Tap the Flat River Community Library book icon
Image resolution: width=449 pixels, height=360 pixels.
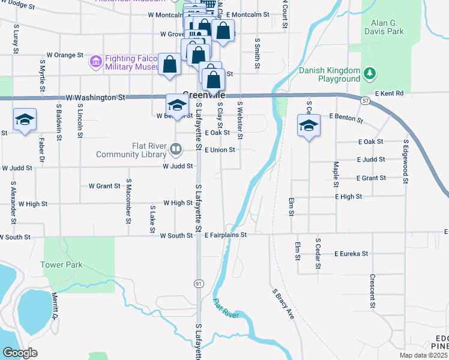click(176, 148)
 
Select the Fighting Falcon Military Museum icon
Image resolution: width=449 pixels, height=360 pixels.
click(95, 61)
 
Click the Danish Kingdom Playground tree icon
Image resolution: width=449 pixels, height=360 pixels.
click(370, 74)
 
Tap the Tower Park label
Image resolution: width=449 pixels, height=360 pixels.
click(61, 265)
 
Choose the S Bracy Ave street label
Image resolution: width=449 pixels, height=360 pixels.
click(283, 304)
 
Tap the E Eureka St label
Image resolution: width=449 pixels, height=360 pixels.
click(351, 254)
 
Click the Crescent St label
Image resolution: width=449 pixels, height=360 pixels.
click(373, 291)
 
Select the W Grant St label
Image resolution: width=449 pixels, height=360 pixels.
click(104, 186)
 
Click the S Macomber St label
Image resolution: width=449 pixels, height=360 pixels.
click(128, 204)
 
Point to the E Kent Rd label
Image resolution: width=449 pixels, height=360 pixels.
click(390, 94)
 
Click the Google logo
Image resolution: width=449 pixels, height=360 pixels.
click(20, 353)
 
